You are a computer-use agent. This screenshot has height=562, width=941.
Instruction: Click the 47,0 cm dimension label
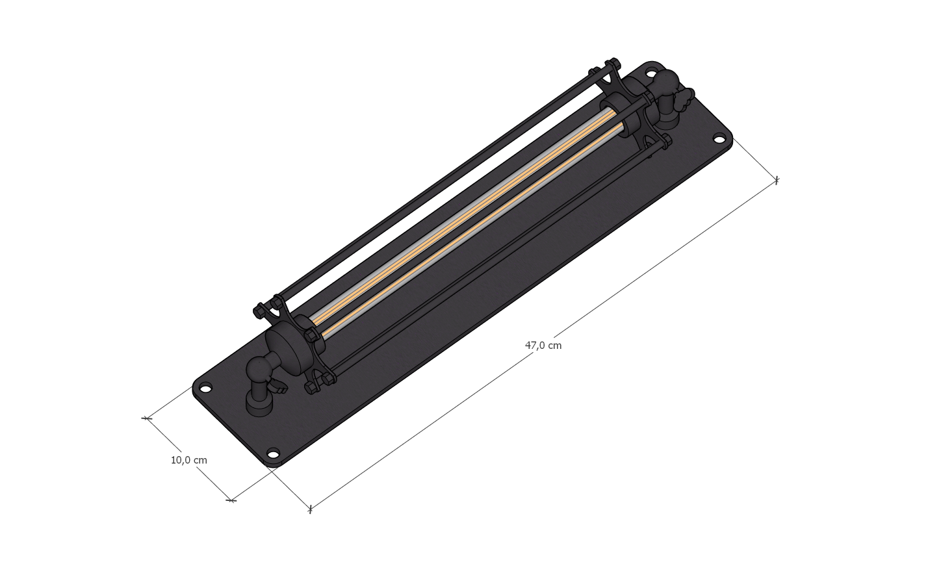pos(543,346)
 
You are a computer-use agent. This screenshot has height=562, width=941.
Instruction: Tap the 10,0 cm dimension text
pos(188,460)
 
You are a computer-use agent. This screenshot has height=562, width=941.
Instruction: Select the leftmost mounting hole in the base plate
pos(205,389)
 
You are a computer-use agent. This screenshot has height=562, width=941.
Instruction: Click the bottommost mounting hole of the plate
pos(273,453)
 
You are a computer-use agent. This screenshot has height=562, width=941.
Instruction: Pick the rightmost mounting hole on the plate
pos(719,138)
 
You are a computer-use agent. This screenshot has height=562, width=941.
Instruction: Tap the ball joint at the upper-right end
pos(665,83)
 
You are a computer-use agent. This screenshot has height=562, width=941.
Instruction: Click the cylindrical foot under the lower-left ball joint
pos(259,405)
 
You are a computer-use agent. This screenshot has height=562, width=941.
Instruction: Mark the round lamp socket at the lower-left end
pos(286,352)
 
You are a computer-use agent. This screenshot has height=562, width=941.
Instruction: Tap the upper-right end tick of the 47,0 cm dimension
pos(776,180)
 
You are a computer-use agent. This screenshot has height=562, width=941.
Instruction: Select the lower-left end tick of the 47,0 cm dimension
pos(310,509)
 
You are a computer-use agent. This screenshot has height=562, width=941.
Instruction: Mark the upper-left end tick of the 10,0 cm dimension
pos(147,418)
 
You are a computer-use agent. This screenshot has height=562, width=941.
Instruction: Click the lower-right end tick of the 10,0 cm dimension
pos(231,500)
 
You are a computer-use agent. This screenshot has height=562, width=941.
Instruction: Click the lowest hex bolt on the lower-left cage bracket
pos(311,388)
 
